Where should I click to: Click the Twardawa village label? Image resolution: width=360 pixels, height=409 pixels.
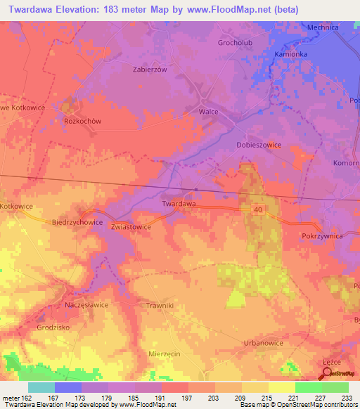click(x=179, y=204)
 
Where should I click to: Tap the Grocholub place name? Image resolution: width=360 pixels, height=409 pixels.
click(x=234, y=42)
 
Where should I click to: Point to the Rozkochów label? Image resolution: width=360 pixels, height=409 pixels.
click(x=83, y=121)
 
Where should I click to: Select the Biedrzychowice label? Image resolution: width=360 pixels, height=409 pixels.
click(x=77, y=221)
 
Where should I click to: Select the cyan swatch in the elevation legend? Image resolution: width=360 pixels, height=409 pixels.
click(x=41, y=387)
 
